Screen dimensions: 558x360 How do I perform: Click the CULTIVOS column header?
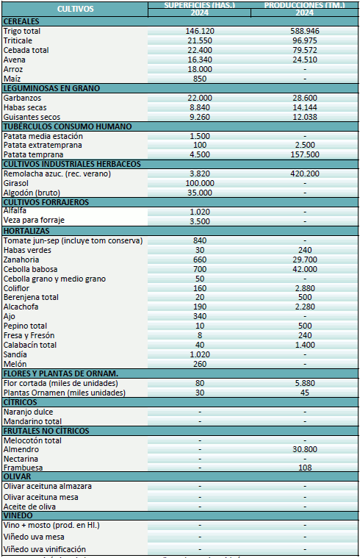pyautogui.click(x=75, y=10)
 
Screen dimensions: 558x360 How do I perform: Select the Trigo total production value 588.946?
pyautogui.click(x=305, y=31)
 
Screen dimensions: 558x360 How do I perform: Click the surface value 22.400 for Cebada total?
pyautogui.click(x=200, y=50)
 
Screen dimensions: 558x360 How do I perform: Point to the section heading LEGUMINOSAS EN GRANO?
pyautogui.click(x=51, y=88)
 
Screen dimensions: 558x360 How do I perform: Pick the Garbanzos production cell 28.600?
pyautogui.click(x=305, y=98)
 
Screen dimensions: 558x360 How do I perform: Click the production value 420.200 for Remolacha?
pyautogui.click(x=305, y=174)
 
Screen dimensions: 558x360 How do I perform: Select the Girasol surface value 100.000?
pyautogui.click(x=200, y=183)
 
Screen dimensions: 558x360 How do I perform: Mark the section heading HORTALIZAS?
pyautogui.click(x=26, y=231)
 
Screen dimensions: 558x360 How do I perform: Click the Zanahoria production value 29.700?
pyautogui.click(x=305, y=260)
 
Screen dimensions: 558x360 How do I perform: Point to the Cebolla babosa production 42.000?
pyautogui.click(x=305, y=269)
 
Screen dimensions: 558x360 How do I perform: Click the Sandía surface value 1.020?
pyautogui.click(x=200, y=354)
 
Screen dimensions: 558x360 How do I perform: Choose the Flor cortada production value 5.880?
pyautogui.click(x=305, y=383)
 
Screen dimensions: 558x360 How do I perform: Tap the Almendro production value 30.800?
pyautogui.click(x=305, y=449)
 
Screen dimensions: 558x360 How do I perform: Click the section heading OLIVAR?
pyautogui.click(x=18, y=477)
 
